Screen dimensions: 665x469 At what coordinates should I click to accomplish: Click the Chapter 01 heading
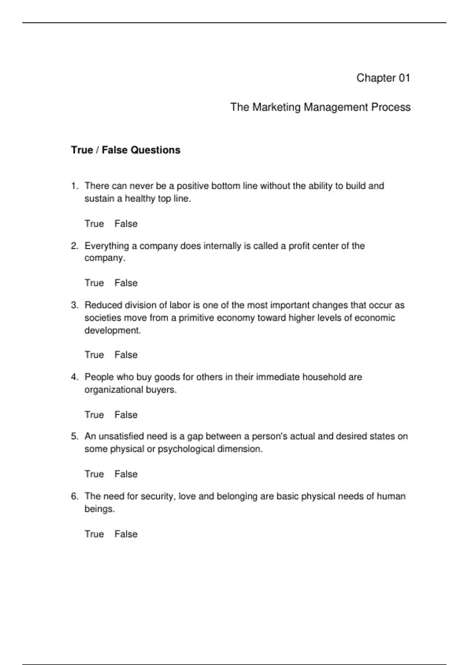[383, 78]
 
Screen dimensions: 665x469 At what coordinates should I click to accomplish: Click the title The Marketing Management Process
[320, 107]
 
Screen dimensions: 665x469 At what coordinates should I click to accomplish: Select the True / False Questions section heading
[125, 150]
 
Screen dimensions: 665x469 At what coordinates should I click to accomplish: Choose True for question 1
[94, 224]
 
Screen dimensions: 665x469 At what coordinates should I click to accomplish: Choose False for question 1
[126, 224]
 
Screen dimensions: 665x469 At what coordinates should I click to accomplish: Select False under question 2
[126, 283]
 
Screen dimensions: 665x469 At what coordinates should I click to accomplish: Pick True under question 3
[94, 355]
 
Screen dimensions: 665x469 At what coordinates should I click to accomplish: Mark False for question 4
[126, 415]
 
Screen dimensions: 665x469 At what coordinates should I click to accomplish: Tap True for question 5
[94, 474]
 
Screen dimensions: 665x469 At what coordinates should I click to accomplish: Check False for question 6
[126, 534]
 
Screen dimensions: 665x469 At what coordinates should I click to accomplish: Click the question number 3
[75, 305]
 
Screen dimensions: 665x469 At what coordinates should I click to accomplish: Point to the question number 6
[75, 496]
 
